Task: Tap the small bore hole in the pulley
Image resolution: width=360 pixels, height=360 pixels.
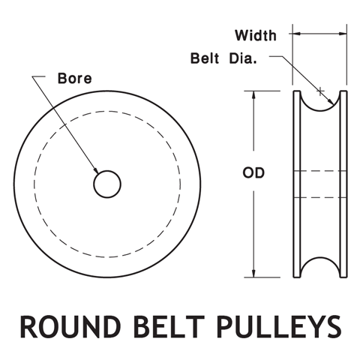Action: (107, 183)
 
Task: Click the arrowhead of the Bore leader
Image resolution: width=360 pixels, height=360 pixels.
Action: (97, 172)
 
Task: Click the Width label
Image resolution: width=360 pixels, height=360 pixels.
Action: (255, 35)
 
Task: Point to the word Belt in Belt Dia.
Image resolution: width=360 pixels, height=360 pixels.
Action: (205, 58)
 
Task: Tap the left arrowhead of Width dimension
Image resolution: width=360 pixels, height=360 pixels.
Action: (295, 34)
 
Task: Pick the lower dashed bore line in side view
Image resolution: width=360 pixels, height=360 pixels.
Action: (320, 197)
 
